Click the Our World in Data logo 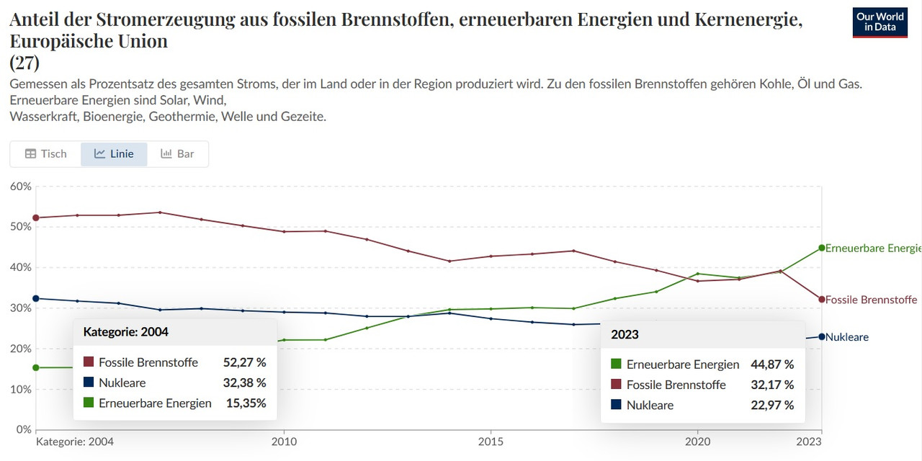pyautogui.click(x=880, y=22)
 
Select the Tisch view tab pyautogui.click(x=45, y=153)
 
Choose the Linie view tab pyautogui.click(x=114, y=153)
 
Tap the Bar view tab pyautogui.click(x=177, y=153)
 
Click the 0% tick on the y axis pyautogui.click(x=22, y=430)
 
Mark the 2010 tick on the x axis pyautogui.click(x=284, y=441)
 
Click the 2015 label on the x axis pyautogui.click(x=491, y=441)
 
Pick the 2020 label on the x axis pyautogui.click(x=697, y=441)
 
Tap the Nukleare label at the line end pyautogui.click(x=847, y=337)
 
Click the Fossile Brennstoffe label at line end pyautogui.click(x=871, y=300)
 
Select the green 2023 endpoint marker pyautogui.click(x=821, y=248)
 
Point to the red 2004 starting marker pyautogui.click(x=36, y=218)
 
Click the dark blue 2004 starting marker pyautogui.click(x=36, y=298)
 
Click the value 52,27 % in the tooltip pyautogui.click(x=244, y=362)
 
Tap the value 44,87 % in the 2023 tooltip pyautogui.click(x=772, y=364)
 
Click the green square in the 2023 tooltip pyautogui.click(x=616, y=364)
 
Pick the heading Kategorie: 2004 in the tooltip pyautogui.click(x=126, y=332)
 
